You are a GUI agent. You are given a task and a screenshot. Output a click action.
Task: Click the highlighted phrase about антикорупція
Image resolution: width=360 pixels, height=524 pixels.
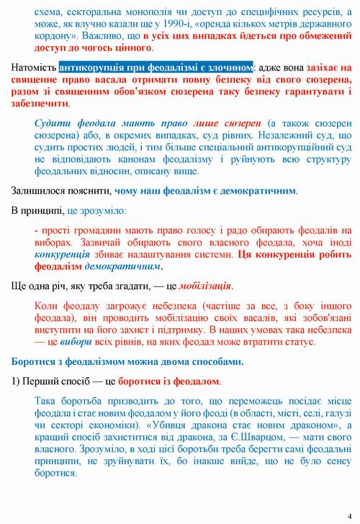click(156, 67)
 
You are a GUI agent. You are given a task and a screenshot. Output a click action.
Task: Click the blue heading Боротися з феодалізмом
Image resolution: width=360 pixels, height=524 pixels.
click(92, 361)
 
